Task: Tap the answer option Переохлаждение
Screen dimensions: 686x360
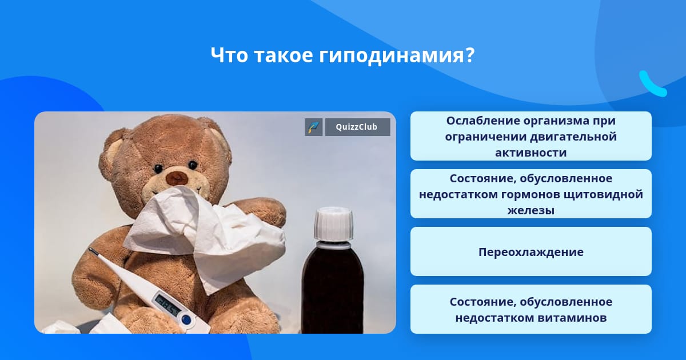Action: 531,251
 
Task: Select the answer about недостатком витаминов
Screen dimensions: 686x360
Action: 531,309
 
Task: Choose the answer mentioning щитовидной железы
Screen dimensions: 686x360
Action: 531,194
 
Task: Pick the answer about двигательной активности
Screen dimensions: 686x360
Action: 531,136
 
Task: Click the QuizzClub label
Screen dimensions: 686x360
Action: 357,127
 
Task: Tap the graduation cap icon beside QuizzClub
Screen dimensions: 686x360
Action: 314,127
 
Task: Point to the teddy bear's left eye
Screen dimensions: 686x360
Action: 158,169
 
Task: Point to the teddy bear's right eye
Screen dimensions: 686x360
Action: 193,165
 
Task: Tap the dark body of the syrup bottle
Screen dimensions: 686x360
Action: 333,291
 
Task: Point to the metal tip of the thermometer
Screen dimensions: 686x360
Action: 93,251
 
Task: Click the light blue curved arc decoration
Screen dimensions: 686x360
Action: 652,84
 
